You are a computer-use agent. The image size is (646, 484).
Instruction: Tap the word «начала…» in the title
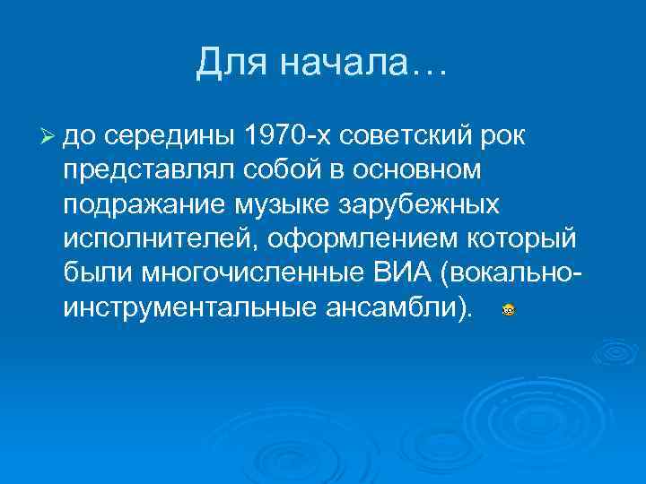pyautogui.click(x=362, y=63)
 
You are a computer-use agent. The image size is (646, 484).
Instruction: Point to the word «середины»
pyautogui.click(x=170, y=137)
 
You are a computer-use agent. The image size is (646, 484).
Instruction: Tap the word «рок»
pyautogui.click(x=506, y=137)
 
